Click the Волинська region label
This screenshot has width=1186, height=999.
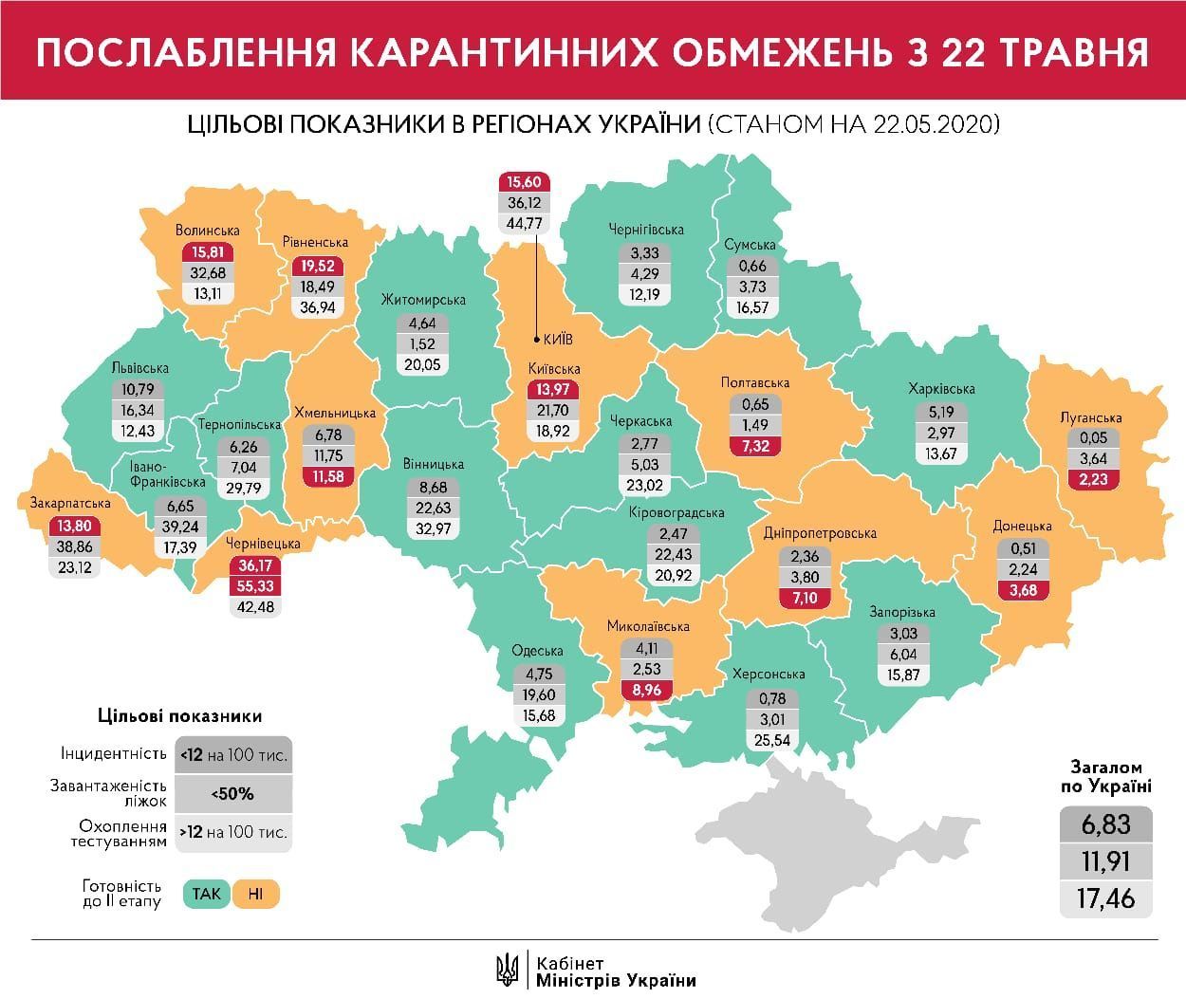[x=207, y=230]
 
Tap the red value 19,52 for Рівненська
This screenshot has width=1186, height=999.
[x=315, y=267]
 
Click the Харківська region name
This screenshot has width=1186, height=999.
[x=940, y=388]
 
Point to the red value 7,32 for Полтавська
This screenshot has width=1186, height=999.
[x=755, y=446]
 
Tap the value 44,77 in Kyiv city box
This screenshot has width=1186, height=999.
[x=524, y=224]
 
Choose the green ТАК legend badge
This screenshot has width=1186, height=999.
[x=206, y=894]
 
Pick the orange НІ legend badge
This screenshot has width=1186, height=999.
[x=256, y=894]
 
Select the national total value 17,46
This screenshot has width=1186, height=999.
[x=1105, y=897]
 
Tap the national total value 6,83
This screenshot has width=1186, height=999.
[x=1105, y=823]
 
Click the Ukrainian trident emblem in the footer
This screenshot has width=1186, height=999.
[x=508, y=969]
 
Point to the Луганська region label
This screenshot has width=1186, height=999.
[x=1091, y=417]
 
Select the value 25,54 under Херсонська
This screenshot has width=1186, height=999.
[x=766, y=740]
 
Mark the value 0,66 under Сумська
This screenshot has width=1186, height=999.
[x=751, y=266]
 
